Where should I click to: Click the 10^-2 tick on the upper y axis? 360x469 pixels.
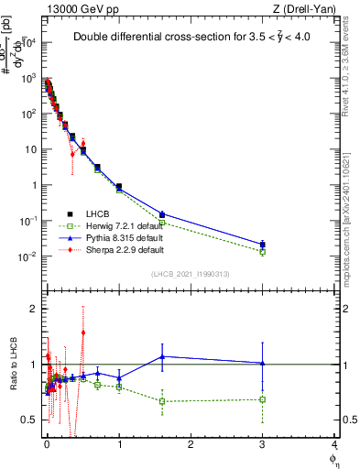pos(29,256)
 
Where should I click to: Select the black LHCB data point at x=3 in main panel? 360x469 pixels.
pos(263,245)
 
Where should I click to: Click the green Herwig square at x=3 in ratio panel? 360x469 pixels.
pos(263,399)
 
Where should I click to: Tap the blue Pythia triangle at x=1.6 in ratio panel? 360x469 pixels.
pos(162,356)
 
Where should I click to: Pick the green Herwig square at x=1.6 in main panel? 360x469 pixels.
pos(162,223)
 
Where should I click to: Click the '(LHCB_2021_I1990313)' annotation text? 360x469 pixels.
pos(191,274)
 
